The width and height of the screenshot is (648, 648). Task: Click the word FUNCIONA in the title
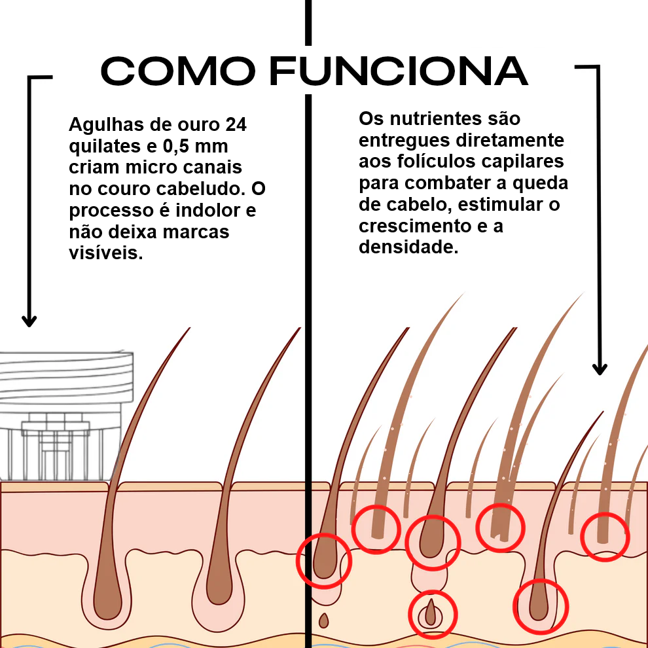[399, 71]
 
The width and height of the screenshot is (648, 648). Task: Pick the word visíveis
[105, 253]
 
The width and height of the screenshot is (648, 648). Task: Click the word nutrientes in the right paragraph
[444, 119]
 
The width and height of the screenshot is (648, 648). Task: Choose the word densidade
[406, 247]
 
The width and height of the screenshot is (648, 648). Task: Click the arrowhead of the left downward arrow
[29, 320]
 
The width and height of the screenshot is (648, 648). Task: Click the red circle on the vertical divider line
[324, 560]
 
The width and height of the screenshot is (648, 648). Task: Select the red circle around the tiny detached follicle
[432, 615]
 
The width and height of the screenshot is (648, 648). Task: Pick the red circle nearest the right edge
[605, 537]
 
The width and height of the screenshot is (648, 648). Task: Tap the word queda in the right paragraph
[542, 183]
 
